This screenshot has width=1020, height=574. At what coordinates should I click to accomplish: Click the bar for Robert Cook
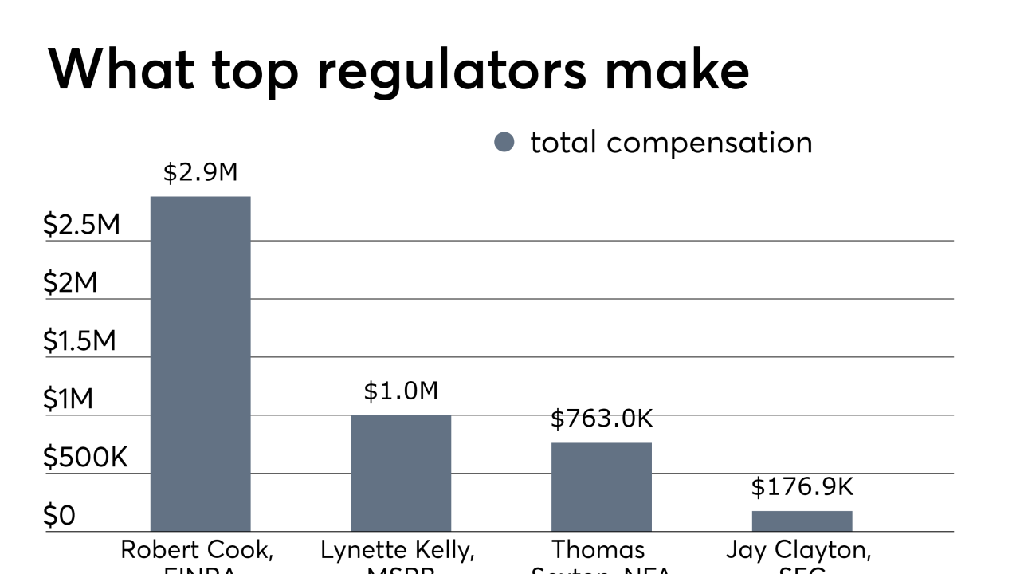point(200,364)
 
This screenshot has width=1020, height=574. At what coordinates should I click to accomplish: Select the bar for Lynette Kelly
point(401,473)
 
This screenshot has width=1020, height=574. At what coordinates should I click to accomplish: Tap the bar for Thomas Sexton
point(602,486)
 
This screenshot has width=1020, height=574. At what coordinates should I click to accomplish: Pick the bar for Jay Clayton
point(802,521)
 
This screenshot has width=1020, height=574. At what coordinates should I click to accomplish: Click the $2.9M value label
point(200,173)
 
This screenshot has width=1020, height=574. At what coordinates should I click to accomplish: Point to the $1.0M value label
point(401,391)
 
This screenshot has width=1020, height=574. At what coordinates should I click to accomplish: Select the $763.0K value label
point(602,419)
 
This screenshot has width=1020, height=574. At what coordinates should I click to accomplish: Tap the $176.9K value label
point(802,487)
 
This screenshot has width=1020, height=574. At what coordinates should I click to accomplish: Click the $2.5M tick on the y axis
point(81,225)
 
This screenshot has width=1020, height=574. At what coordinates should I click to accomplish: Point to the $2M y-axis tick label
point(70,283)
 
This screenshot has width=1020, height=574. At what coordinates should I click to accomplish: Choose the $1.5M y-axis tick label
point(80,341)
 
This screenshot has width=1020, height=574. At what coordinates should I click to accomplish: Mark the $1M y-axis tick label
point(69,399)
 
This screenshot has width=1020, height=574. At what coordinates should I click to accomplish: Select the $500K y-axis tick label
point(85,458)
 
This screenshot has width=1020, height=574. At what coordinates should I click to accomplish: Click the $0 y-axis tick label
point(59,516)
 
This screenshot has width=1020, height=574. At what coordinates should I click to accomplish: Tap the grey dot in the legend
point(504,143)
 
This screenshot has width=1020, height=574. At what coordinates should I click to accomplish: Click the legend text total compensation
point(671,143)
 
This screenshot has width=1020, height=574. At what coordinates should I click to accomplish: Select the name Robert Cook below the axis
point(196,550)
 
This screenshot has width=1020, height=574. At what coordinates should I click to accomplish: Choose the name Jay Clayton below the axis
point(798,550)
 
